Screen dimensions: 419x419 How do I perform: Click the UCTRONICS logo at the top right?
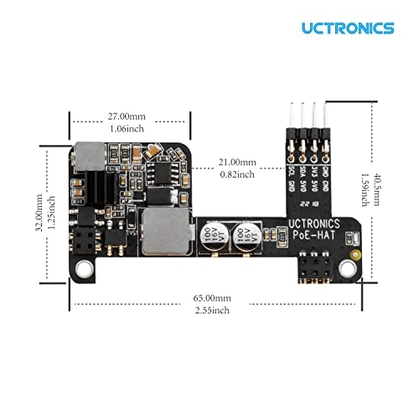[348, 28]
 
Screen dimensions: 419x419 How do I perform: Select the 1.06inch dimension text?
[129, 130]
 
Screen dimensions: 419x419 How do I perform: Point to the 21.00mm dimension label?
[237, 162]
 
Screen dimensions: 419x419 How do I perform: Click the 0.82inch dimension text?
[237, 174]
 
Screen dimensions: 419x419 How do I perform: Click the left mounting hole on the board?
[83, 268]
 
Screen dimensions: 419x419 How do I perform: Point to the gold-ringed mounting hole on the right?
[350, 268]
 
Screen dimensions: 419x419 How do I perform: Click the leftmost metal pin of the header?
[288, 116]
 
